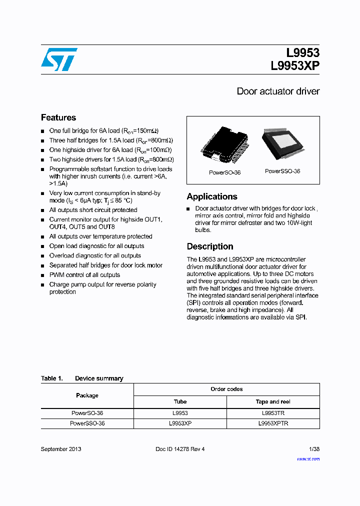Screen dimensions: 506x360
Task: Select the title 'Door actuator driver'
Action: pyautogui.click(x=277, y=91)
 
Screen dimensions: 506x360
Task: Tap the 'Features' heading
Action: pyautogui.click(x=58, y=117)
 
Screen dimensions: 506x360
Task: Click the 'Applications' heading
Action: pyautogui.click(x=211, y=196)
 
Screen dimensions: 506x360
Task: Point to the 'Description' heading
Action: pyautogui.click(x=210, y=246)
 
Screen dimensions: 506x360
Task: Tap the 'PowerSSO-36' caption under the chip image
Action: pyautogui.click(x=282, y=171)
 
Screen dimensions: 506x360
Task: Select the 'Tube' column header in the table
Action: pyautogui.click(x=180, y=401)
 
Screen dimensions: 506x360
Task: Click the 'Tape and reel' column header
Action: pyautogui.click(x=273, y=401)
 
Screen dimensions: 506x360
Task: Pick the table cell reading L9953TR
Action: pyautogui.click(x=273, y=413)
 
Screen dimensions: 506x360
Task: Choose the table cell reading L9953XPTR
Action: pyautogui.click(x=273, y=423)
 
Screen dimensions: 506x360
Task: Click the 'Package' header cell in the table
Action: pyautogui.click(x=87, y=395)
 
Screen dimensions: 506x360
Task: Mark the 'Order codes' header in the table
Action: pyautogui.click(x=226, y=389)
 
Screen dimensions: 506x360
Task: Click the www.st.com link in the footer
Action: pyautogui.click(x=308, y=458)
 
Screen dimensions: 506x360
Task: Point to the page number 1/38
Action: pyautogui.click(x=314, y=449)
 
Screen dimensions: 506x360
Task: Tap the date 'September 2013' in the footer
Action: pyautogui.click(x=61, y=449)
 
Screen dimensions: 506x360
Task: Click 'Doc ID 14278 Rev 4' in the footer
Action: pyautogui.click(x=180, y=449)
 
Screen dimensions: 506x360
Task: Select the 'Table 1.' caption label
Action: pyautogui.click(x=51, y=378)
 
